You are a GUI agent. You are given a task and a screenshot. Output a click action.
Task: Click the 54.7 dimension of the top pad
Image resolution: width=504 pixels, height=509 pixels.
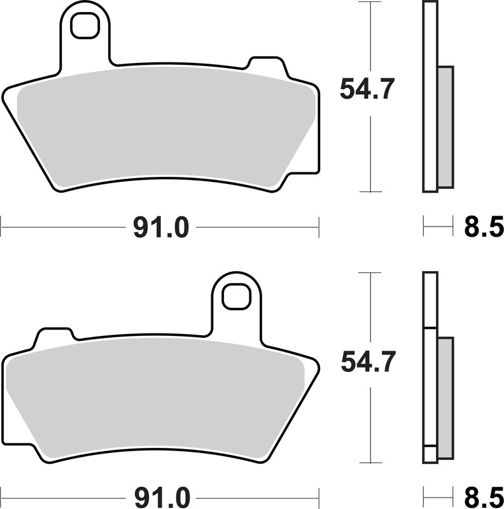click(368, 88)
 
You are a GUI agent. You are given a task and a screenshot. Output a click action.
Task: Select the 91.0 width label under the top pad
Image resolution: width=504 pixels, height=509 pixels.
click(160, 227)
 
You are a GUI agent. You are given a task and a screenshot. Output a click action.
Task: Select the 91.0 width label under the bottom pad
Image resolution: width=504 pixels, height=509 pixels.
click(160, 495)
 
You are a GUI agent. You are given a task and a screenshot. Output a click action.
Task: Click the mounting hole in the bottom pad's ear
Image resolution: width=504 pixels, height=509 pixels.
click(236, 298)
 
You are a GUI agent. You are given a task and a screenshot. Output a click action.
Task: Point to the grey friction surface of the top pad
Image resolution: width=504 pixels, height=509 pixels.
click(165, 127)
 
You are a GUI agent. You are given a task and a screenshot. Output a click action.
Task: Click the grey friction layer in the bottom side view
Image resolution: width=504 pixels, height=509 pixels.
click(445, 397)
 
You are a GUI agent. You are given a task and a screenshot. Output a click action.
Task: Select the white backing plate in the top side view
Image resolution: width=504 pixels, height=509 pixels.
click(431, 95)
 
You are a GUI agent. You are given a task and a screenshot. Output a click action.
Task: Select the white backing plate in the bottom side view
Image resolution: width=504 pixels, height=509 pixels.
click(431, 382)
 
